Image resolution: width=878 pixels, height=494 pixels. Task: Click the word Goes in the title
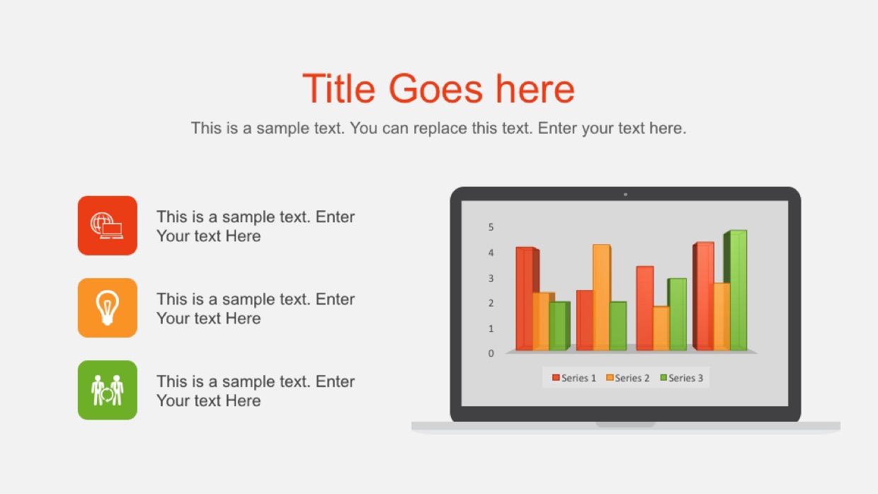pyautogui.click(x=435, y=89)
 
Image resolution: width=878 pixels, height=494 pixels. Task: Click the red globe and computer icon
pyautogui.click(x=108, y=226)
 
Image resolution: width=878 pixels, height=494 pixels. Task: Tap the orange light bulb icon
pyautogui.click(x=108, y=308)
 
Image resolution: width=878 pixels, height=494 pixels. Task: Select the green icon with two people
pyautogui.click(x=108, y=390)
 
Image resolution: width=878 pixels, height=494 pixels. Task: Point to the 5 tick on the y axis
pyautogui.click(x=491, y=227)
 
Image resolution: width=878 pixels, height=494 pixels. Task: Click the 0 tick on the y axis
pyautogui.click(x=491, y=353)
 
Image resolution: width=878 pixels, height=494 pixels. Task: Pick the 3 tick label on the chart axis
pyautogui.click(x=491, y=279)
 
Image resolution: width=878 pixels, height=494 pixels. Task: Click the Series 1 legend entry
pyautogui.click(x=574, y=378)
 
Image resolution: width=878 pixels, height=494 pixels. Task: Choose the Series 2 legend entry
pyautogui.click(x=627, y=378)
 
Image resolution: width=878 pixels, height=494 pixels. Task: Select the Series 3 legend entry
pyautogui.click(x=682, y=378)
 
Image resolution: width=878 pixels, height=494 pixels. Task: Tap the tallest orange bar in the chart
pyautogui.click(x=602, y=297)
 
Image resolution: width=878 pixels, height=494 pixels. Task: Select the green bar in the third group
pyautogui.click(x=678, y=314)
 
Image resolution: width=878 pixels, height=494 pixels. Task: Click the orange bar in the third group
pyautogui.click(x=661, y=328)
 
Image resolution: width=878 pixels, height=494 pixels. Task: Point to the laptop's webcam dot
pyautogui.click(x=626, y=195)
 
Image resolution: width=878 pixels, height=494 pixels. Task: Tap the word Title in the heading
pyautogui.click(x=338, y=89)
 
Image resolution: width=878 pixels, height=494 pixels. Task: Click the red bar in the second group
pyautogui.click(x=585, y=321)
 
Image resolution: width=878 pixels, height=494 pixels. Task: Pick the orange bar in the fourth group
pyautogui.click(x=722, y=316)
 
